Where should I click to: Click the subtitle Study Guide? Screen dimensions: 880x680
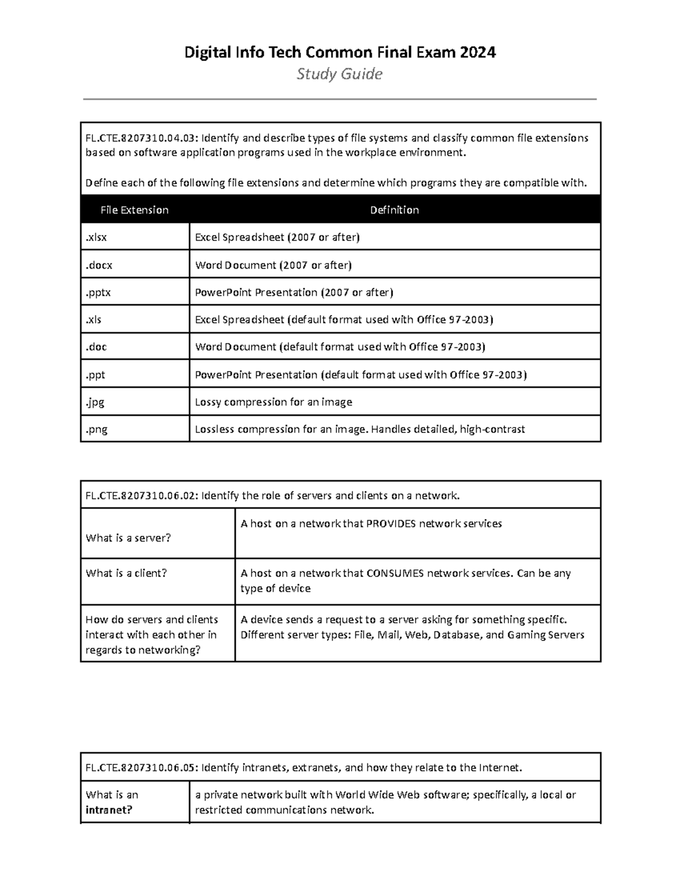(339, 74)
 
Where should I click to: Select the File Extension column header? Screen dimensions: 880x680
(134, 210)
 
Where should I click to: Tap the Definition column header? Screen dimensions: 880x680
(394, 210)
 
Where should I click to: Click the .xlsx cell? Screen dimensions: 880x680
(96, 237)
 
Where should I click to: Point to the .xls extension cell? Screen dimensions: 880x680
(93, 320)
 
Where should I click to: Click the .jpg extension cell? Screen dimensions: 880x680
(95, 402)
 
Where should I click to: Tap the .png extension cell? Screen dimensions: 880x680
(96, 430)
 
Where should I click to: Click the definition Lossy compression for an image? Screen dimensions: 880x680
(273, 402)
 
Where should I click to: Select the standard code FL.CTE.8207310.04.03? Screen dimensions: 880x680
(141, 138)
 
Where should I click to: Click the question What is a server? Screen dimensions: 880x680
(128, 538)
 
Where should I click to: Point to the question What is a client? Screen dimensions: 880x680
(126, 573)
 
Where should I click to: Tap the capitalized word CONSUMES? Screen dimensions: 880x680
(395, 573)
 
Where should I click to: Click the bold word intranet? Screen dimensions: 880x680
(109, 810)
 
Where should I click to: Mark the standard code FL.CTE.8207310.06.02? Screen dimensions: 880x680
(141, 496)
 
